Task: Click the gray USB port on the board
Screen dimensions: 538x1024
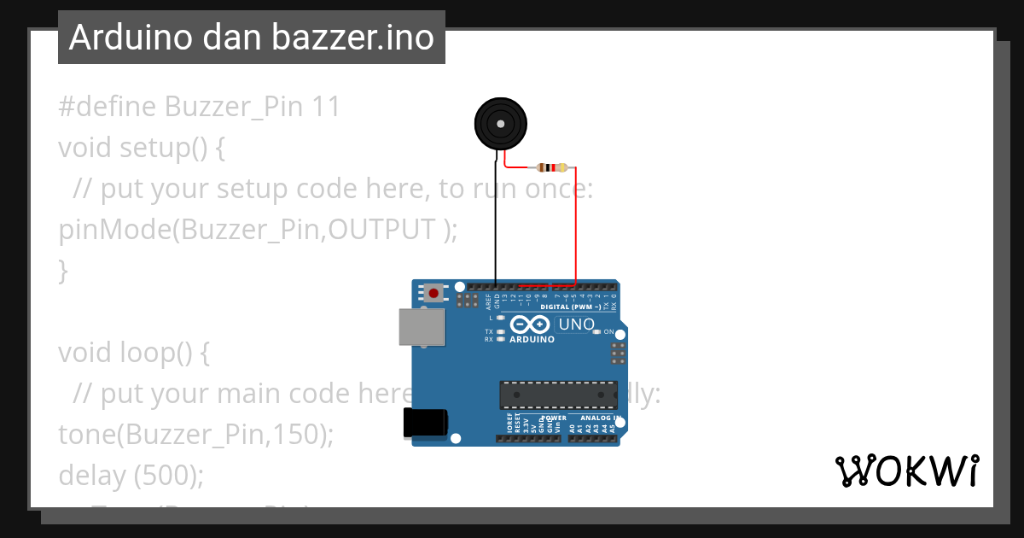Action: click(x=422, y=327)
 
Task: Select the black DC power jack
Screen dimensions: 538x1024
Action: click(x=425, y=424)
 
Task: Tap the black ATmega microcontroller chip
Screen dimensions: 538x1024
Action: click(x=558, y=395)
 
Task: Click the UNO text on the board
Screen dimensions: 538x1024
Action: click(x=575, y=325)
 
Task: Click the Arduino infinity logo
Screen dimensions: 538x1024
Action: click(x=530, y=325)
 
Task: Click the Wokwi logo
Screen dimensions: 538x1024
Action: click(x=906, y=471)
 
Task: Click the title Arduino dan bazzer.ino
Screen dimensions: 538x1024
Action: click(x=251, y=38)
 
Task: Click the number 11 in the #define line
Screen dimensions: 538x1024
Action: click(x=326, y=107)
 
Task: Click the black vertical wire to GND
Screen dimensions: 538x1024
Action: click(x=496, y=222)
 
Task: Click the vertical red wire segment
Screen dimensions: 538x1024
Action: click(x=575, y=226)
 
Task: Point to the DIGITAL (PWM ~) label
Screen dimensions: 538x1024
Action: click(x=571, y=306)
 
